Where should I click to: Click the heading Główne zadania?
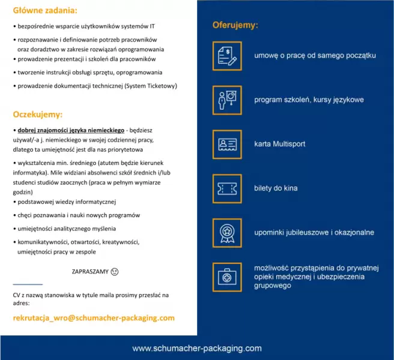(45, 11)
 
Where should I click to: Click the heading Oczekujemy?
(37, 113)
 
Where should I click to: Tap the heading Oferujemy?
(235, 25)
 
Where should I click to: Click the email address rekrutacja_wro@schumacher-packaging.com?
(94, 318)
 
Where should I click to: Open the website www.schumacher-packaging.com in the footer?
(196, 348)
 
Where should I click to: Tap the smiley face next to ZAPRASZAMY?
(115, 271)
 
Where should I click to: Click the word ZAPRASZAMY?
(90, 271)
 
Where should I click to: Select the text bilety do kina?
(276, 188)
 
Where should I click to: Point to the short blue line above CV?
(28, 284)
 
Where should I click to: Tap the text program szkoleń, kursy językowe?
(309, 100)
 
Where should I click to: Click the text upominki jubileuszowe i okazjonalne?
(314, 232)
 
